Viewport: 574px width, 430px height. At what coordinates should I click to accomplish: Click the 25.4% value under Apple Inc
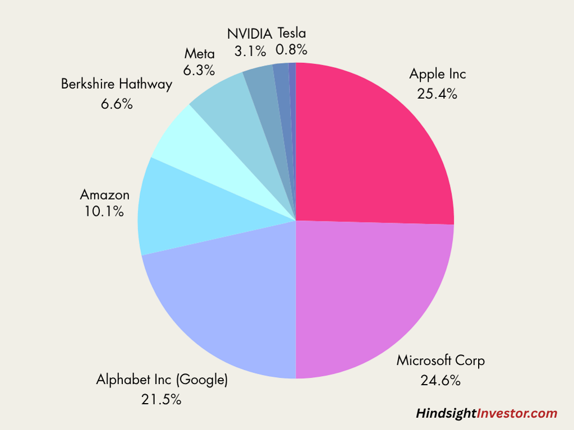437,94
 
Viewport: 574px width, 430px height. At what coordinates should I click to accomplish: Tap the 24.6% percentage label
440,380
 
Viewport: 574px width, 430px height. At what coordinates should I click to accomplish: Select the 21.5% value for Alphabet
162,399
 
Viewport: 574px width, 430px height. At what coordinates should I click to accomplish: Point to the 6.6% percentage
117,104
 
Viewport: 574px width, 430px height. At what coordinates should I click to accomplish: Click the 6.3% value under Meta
199,71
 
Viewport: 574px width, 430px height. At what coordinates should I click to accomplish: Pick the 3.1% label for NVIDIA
250,51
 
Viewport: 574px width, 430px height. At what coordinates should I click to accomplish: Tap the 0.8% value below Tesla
291,49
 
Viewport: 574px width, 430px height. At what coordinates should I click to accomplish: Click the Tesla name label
292,33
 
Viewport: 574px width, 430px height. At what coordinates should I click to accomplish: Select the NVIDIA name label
250,34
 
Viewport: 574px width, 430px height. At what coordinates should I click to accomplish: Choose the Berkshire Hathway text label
117,85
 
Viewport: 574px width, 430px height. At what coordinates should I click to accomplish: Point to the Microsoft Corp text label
440,360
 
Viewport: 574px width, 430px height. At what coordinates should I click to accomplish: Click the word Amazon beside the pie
105,195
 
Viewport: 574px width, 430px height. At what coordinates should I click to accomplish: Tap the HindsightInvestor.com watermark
486,414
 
